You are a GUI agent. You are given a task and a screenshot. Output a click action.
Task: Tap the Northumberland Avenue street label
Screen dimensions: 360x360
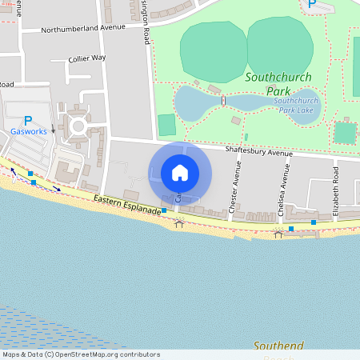tap(84, 27)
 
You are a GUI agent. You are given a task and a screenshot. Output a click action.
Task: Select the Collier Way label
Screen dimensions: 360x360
tap(87, 58)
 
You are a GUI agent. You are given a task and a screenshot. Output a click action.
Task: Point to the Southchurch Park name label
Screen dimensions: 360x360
tap(278, 84)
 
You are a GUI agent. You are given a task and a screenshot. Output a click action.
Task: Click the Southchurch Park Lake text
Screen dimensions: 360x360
tap(296, 105)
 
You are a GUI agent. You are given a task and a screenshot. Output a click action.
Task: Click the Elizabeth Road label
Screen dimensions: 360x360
tap(336, 190)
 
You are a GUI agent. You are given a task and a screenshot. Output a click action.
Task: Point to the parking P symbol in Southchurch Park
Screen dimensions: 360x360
tap(311, 5)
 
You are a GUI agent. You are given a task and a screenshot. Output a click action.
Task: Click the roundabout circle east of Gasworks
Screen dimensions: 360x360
tap(78, 126)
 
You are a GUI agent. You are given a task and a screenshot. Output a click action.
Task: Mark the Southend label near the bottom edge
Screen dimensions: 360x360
tap(278, 346)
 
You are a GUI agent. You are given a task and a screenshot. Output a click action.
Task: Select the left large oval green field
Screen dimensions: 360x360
tap(213, 49)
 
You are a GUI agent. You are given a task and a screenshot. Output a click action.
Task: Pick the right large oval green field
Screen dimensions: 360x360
tap(279, 47)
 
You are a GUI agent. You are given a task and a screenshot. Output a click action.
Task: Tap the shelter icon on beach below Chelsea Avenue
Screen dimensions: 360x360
tap(278, 233)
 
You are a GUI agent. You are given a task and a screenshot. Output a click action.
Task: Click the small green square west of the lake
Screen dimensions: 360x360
tap(166, 125)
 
